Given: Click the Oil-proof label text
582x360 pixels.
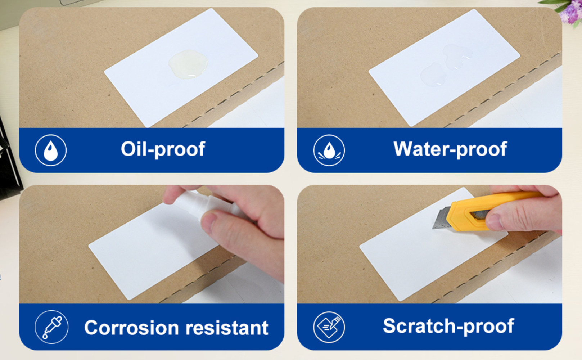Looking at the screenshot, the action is coord(163,149).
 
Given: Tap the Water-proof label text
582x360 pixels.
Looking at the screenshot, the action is coord(450,149).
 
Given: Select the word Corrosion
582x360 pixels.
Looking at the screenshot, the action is coord(132,328).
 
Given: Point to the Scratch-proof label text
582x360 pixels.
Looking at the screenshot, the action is coord(448,326).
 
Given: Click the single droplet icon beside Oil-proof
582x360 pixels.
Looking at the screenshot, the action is coord(51,150).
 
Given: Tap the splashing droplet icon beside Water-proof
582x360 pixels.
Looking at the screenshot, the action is coord(329,150).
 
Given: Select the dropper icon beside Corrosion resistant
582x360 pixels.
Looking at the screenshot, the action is coord(52,327).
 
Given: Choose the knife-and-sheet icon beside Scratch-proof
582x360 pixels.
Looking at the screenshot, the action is coord(329,327).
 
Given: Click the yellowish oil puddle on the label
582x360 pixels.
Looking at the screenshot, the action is coord(188,64).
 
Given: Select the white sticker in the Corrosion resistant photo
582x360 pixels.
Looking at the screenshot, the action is coord(153,251).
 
